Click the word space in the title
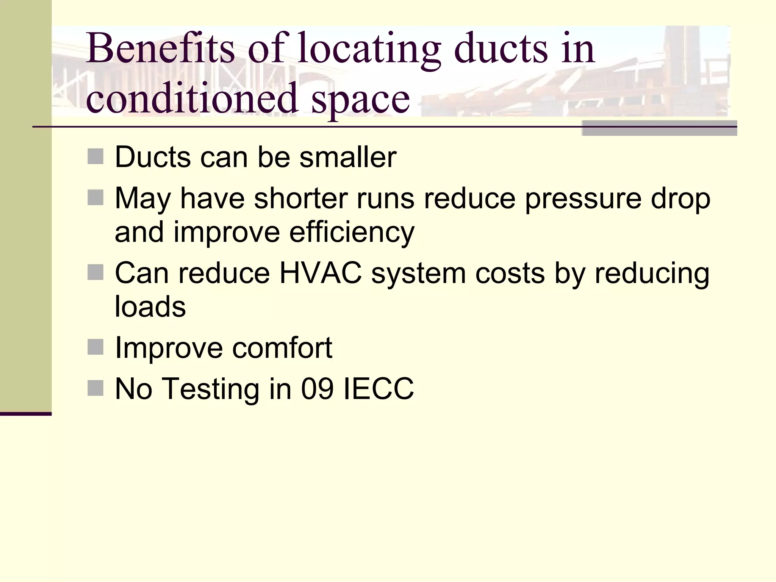[360, 101]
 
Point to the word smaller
[347, 157]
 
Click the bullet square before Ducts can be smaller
[95, 156]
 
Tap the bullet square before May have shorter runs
[95, 197]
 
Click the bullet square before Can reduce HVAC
[95, 272]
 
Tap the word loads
[150, 306]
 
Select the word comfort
[282, 347]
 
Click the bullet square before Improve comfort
[95, 347]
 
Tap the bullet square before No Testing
[95, 388]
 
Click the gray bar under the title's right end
[659, 128]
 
